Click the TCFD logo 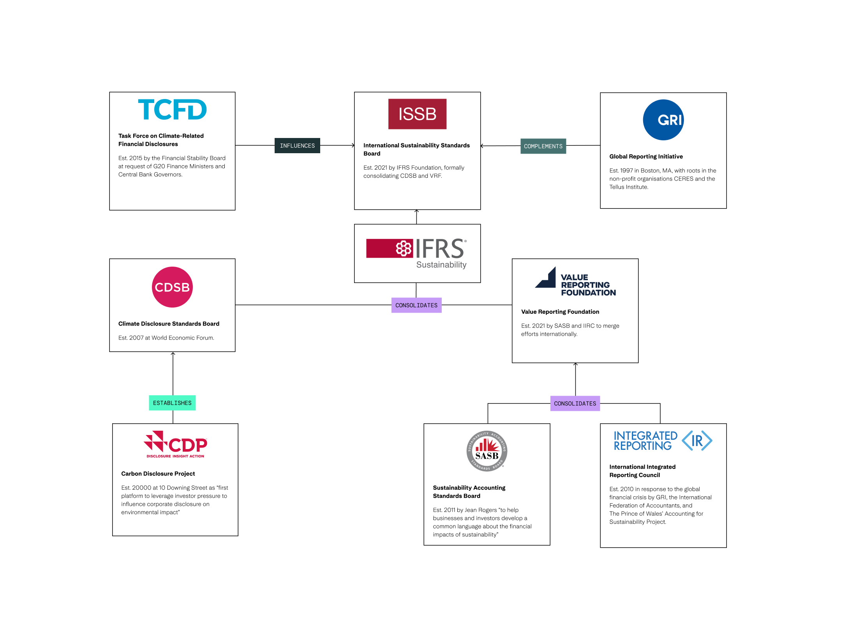(172, 110)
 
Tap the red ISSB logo (417, 114)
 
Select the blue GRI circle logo (663, 120)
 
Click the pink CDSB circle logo (172, 287)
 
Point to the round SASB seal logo (487, 451)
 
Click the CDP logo (175, 444)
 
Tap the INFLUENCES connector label (297, 146)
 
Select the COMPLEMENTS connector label (543, 146)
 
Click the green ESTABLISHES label (172, 403)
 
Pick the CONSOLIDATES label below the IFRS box (416, 305)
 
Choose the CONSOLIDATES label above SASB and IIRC (575, 403)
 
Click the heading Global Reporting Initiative (646, 157)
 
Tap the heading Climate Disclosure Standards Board (169, 324)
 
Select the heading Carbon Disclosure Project (158, 474)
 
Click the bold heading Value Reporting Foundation (560, 312)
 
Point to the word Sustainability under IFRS (441, 265)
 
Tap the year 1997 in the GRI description (626, 171)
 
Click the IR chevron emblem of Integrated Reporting (697, 441)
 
